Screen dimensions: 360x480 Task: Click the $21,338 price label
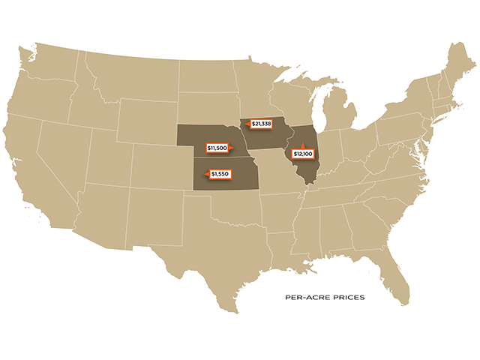[x=262, y=123]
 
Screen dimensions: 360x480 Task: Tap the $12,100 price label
[x=302, y=154]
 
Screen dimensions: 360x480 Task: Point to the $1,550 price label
[x=219, y=174]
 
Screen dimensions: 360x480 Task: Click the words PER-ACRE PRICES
[x=325, y=298]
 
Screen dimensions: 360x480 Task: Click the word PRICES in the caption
[x=348, y=298]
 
